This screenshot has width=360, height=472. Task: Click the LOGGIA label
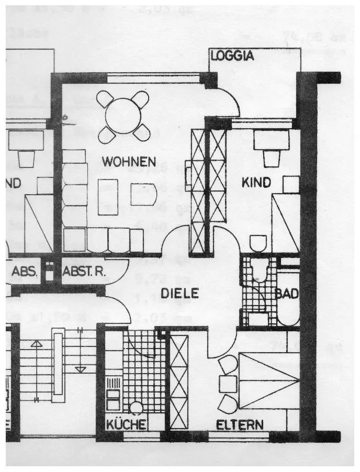[232, 56]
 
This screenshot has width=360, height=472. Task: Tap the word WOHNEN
[129, 162]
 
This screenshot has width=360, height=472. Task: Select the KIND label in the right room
[256, 183]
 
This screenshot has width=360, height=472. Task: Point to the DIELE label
[179, 294]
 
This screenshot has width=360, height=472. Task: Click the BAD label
[287, 294]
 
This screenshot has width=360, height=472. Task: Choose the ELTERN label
[240, 424]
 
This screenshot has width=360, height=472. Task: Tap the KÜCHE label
[126, 424]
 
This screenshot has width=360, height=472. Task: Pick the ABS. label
[24, 272]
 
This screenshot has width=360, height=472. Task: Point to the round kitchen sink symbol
[137, 407]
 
